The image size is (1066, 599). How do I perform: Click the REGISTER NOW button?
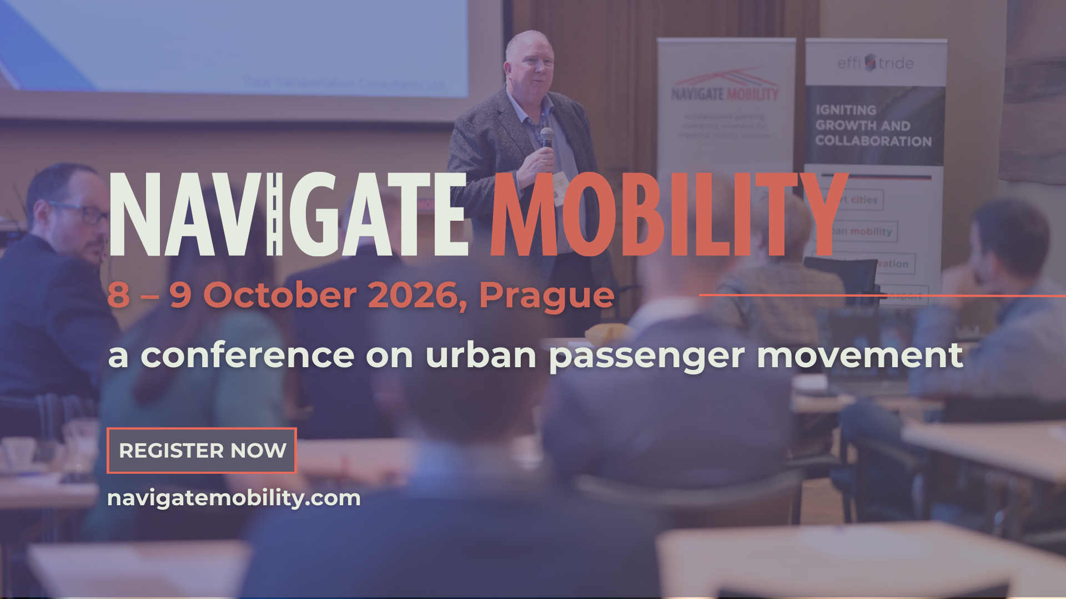[202, 450]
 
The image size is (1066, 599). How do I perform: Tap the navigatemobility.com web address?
[234, 498]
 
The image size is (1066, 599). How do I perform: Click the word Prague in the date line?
[546, 296]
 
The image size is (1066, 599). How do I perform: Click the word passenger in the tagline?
[647, 357]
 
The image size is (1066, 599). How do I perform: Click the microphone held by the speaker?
[547, 136]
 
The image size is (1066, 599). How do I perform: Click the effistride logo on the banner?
[875, 63]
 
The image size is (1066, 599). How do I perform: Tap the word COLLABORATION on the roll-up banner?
[873, 141]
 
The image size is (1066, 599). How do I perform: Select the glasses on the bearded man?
[83, 212]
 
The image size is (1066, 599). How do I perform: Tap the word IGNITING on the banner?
[846, 110]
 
